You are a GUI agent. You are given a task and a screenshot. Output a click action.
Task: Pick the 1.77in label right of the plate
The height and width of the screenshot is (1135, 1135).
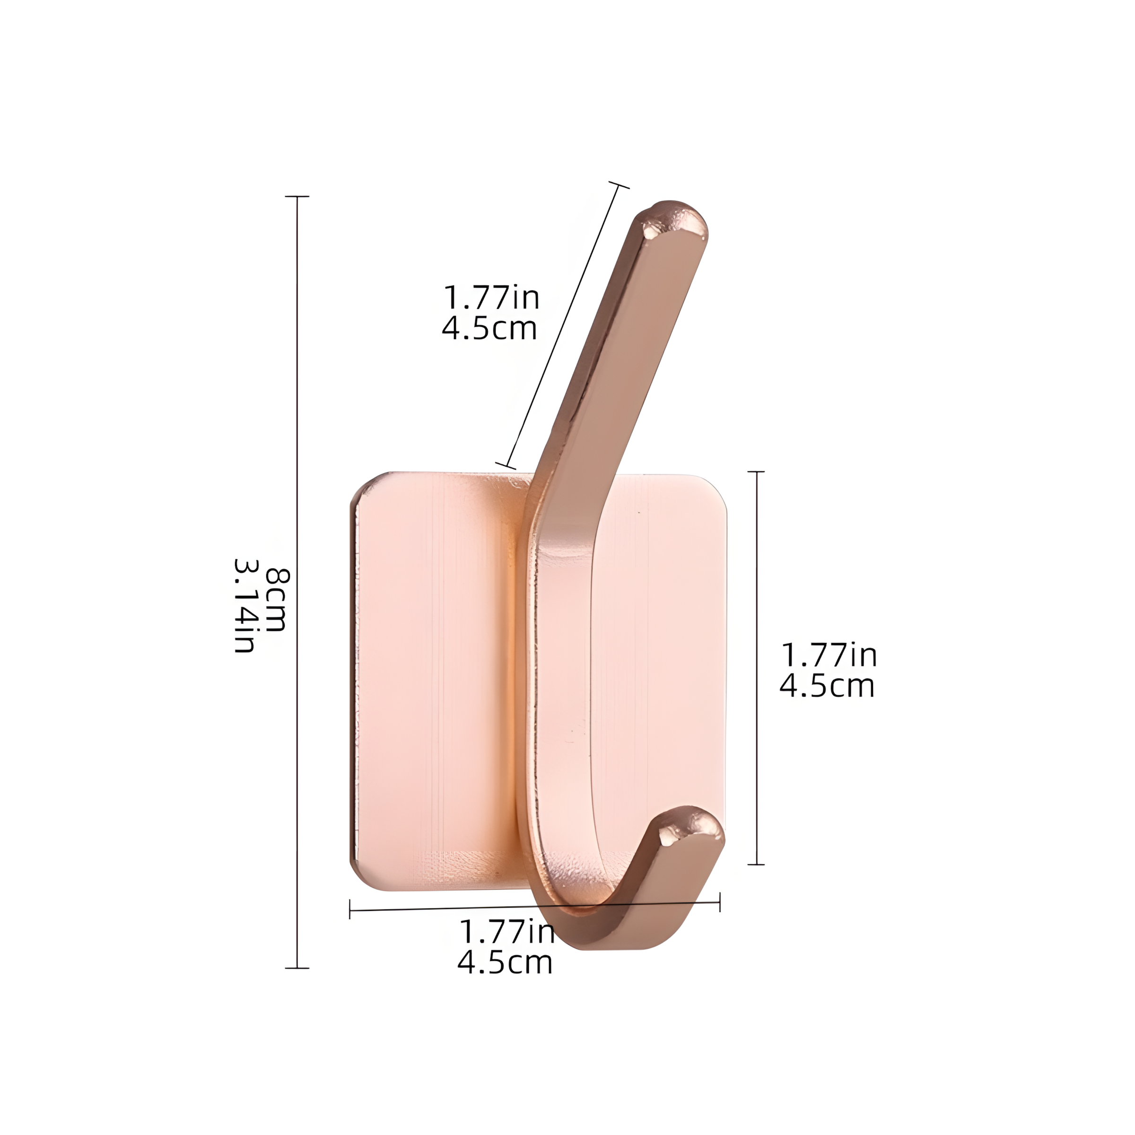[x=829, y=655]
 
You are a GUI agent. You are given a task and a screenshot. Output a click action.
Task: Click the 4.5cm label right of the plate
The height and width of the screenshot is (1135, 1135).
[x=827, y=686]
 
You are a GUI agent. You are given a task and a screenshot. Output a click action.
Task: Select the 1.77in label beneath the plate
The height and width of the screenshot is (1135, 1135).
[x=506, y=932]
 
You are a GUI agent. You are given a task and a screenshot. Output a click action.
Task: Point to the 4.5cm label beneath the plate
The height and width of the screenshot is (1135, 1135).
[x=505, y=962]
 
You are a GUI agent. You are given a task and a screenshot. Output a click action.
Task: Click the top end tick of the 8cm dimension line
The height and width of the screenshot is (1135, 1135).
[x=297, y=196]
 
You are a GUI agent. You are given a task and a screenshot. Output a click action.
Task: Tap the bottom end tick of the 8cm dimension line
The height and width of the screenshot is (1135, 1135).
[x=297, y=968]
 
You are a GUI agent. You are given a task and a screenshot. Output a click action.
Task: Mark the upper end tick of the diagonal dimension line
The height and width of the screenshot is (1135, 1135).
[x=619, y=184]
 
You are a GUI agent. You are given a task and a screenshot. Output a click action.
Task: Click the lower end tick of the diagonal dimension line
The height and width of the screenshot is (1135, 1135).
[x=505, y=466]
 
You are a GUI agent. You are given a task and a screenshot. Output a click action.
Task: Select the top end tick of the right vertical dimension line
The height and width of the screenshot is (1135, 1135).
[x=756, y=472]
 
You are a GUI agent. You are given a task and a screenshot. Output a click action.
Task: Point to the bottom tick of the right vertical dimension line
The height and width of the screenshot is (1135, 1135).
[x=756, y=864]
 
